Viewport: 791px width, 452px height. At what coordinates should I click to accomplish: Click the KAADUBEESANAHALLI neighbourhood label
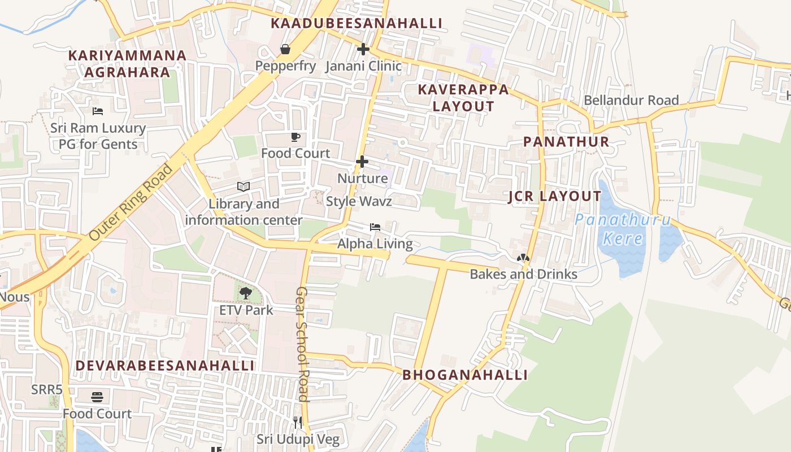(x=356, y=23)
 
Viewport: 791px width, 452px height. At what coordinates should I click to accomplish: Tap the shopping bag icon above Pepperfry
(x=285, y=50)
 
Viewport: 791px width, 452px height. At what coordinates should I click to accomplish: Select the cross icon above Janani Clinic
(x=363, y=49)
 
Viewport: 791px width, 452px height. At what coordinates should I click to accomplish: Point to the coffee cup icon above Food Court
(x=295, y=137)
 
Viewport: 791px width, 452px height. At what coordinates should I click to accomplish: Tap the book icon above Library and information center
(x=244, y=186)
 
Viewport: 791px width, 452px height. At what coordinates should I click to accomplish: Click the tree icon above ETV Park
(x=246, y=293)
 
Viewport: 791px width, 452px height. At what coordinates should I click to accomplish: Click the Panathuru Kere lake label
(x=623, y=229)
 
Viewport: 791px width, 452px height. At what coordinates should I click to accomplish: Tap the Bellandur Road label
(x=631, y=100)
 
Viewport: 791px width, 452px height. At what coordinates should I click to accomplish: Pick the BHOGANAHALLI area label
(x=465, y=375)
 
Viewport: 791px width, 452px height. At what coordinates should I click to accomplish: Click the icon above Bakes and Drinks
(x=523, y=258)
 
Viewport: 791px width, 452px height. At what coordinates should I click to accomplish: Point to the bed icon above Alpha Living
(x=375, y=227)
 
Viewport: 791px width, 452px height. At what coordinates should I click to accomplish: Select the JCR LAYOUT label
(x=555, y=196)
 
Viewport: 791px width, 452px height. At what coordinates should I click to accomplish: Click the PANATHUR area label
(x=566, y=141)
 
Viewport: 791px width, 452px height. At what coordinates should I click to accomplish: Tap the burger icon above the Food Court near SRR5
(x=97, y=397)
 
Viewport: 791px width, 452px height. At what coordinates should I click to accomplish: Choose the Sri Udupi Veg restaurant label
(x=298, y=439)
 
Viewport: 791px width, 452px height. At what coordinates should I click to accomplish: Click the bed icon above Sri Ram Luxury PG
(x=98, y=111)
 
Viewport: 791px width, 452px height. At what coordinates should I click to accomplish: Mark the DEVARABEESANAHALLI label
(x=165, y=366)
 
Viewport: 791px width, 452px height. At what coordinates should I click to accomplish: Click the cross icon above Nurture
(x=362, y=162)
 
